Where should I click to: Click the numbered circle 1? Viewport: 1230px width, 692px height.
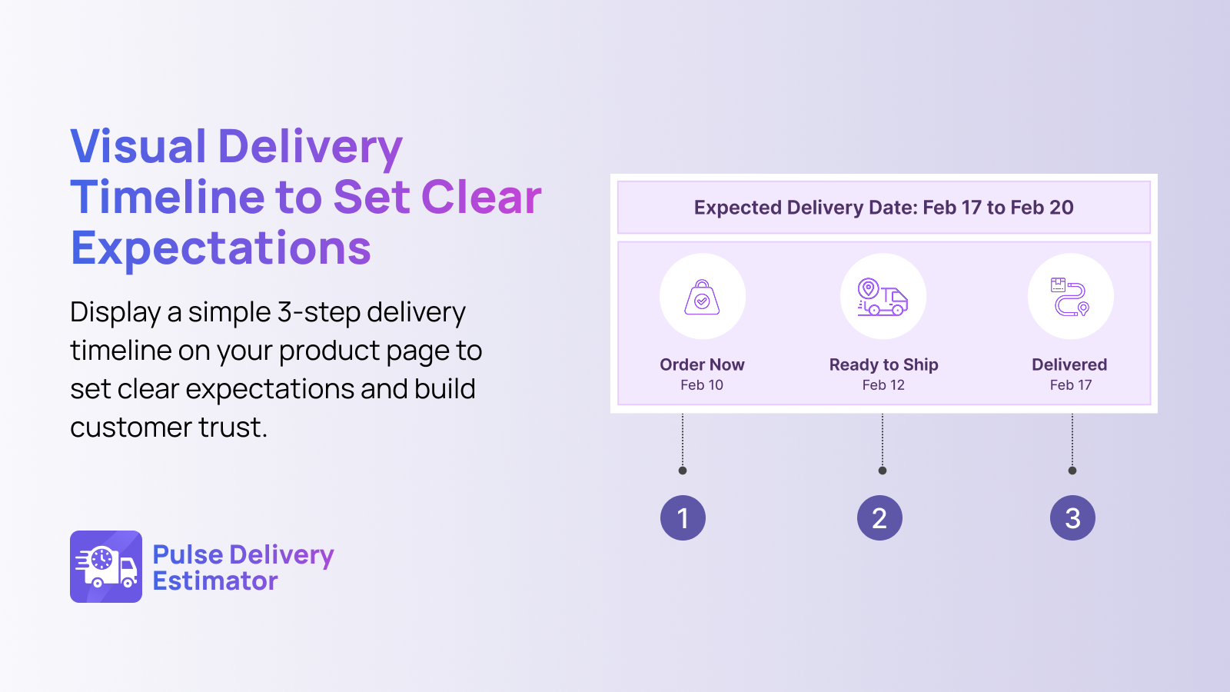click(x=683, y=518)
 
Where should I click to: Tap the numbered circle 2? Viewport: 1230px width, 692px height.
click(x=879, y=518)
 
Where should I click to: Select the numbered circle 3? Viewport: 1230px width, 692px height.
click(x=1072, y=518)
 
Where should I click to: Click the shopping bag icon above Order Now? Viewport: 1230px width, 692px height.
click(x=702, y=297)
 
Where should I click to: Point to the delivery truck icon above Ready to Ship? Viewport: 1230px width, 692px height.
click(x=883, y=297)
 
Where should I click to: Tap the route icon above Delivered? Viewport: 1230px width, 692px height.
click(x=1070, y=297)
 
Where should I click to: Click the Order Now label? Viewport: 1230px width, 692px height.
click(x=702, y=364)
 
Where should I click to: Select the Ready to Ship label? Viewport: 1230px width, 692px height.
click(x=883, y=364)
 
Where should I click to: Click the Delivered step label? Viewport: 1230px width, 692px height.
click(x=1069, y=364)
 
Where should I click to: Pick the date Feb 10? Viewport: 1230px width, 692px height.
click(x=702, y=385)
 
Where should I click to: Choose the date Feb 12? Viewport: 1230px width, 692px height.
click(x=883, y=385)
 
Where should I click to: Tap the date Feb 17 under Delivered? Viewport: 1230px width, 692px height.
click(x=1071, y=385)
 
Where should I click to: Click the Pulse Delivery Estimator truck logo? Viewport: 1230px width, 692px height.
click(x=106, y=567)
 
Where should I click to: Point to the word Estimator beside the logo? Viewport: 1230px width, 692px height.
click(x=214, y=581)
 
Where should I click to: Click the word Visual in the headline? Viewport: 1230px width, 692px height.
click(x=138, y=146)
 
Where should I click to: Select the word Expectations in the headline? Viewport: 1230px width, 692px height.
click(x=221, y=249)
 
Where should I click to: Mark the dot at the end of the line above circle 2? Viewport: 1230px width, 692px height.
click(x=883, y=471)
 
